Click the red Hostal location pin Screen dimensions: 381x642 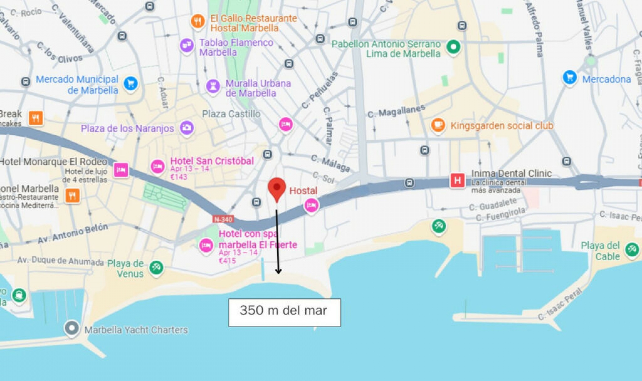coord(277,188)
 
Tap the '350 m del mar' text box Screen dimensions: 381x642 coord(284,312)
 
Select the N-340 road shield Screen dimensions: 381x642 coord(223,219)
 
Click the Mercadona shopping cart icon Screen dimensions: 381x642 coord(570,78)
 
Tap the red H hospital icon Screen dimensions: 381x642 coord(457,181)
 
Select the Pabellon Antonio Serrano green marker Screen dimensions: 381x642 coord(453,47)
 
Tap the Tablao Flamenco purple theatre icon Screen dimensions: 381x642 coord(187,45)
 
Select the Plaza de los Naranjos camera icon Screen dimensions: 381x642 coord(187,128)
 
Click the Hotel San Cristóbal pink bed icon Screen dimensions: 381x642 coord(157,166)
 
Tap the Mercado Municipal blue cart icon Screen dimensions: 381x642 coord(130,83)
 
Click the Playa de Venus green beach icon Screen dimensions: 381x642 coord(156,267)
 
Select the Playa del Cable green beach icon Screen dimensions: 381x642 coord(632,249)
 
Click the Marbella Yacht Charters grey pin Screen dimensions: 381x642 coord(72,328)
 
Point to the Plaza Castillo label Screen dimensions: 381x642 coord(231,114)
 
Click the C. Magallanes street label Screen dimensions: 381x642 coord(396,111)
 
